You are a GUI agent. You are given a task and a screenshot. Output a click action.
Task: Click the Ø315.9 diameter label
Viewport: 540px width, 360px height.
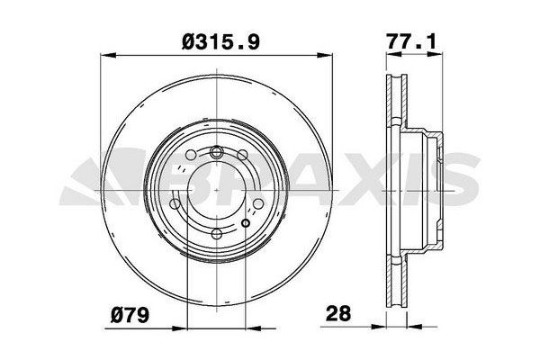coord(220,42)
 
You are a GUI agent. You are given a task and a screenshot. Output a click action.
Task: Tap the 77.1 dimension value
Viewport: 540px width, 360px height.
coord(411,41)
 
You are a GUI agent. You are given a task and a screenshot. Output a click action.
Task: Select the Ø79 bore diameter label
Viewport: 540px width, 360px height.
coord(130,314)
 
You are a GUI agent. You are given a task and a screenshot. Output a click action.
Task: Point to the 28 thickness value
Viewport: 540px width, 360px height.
coord(338,313)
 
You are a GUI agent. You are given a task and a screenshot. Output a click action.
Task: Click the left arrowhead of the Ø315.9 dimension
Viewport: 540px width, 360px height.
coord(107,54)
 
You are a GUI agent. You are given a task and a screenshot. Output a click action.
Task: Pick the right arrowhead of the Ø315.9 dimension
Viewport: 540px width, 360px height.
coord(325,54)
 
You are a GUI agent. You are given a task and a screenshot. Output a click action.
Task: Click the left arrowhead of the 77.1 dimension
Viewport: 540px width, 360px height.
coord(393,54)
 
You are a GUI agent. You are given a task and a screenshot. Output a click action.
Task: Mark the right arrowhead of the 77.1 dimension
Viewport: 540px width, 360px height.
coord(435,54)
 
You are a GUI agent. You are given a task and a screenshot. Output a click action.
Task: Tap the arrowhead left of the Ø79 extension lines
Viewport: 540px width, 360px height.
coord(179,328)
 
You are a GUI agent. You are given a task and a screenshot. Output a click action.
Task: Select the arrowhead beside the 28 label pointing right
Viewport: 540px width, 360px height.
coord(379,326)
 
